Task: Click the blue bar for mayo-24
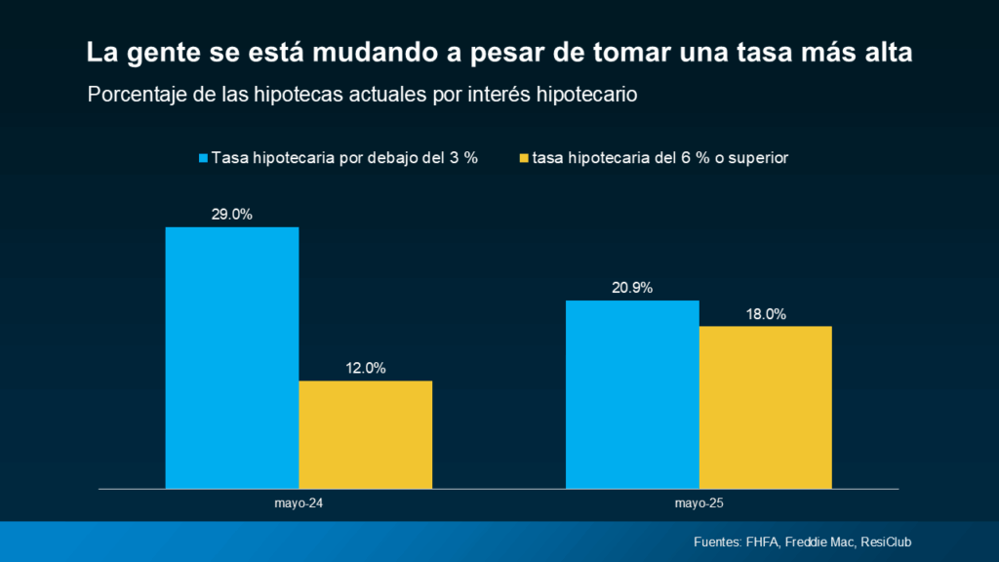[232, 357]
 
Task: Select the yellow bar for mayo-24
[365, 434]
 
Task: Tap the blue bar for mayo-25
[632, 394]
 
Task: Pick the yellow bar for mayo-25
[765, 407]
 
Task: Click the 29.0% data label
[232, 215]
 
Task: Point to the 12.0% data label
[366, 368]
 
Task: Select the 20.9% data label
[632, 288]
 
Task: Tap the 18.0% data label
[766, 314]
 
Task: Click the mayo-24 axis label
[299, 504]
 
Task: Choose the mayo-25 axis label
[699, 504]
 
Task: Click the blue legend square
[204, 158]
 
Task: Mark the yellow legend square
[524, 158]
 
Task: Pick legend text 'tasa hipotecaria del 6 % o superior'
[660, 158]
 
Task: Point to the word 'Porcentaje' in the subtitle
[134, 96]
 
